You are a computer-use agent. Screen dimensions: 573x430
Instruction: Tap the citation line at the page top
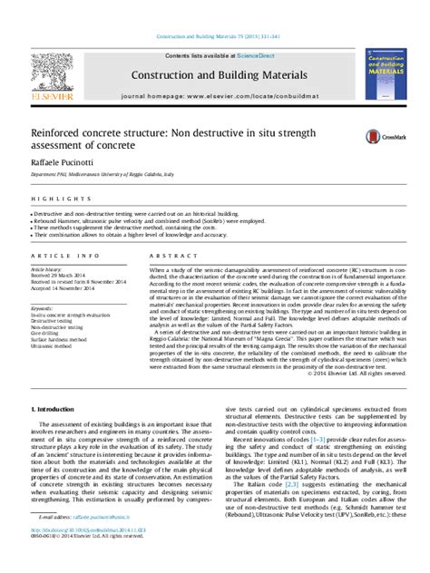214,37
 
